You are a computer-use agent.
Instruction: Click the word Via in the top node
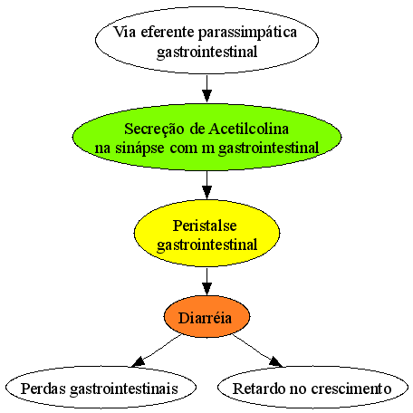[x=124, y=32]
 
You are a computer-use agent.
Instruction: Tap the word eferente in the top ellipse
[x=168, y=32]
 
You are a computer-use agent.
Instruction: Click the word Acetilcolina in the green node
[x=249, y=129]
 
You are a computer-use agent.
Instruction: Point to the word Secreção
[x=154, y=130]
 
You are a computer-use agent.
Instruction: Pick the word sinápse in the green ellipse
[x=139, y=149]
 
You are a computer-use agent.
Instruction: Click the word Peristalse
[x=205, y=226]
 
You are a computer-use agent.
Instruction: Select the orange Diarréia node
[x=206, y=317]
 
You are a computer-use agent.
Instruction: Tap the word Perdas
[x=43, y=389]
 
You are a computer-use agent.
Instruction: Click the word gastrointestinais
[x=124, y=389]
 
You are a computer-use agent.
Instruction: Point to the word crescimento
[x=351, y=389]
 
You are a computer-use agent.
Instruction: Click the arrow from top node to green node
[x=206, y=89]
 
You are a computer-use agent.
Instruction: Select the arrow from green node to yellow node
[x=206, y=185]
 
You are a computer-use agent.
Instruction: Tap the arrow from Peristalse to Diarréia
[x=206, y=282]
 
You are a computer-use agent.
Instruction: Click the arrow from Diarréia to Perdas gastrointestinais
[x=157, y=351]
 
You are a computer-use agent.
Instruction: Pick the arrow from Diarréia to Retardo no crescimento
[x=257, y=351]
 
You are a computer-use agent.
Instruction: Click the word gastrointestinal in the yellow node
[x=207, y=245]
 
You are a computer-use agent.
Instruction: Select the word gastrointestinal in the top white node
[x=207, y=52]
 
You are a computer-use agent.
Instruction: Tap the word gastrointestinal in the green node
[x=268, y=149]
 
